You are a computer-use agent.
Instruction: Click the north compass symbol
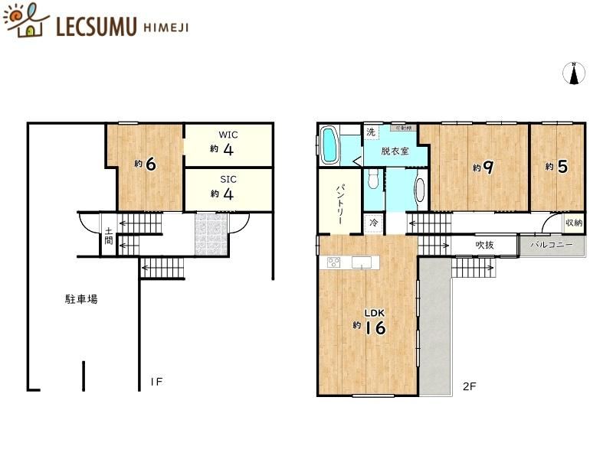[575, 73]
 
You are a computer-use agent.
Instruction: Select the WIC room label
[228, 135]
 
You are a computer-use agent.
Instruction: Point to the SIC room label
[228, 179]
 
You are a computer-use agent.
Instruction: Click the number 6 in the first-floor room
[150, 164]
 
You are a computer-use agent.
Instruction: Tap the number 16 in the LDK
[374, 327]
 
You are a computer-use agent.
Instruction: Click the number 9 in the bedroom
[487, 167]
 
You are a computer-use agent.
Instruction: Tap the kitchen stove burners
[335, 263]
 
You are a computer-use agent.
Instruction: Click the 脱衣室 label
[395, 151]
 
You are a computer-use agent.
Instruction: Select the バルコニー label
[552, 246]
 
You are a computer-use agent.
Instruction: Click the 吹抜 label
[484, 246]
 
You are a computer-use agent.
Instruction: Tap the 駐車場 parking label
[80, 300]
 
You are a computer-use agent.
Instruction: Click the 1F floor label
[156, 381]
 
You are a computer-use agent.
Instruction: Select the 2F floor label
[469, 386]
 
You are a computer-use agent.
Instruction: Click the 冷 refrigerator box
[373, 223]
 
